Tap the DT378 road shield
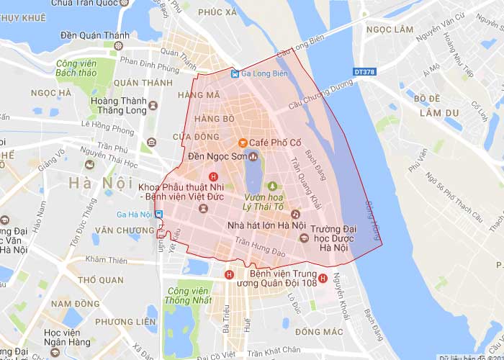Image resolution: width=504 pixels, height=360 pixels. pos(365,72)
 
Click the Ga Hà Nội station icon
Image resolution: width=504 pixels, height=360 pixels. pos(159,214)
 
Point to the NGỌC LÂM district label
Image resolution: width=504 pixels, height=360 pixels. pos(390,30)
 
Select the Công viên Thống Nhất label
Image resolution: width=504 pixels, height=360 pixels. pos(182,294)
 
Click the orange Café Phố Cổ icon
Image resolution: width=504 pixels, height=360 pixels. pos(243,141)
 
